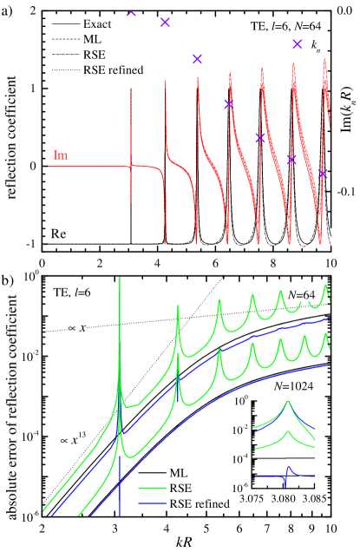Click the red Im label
(61, 155)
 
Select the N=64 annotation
(301, 295)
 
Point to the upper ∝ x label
(77, 328)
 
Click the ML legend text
(177, 473)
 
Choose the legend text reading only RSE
(180, 488)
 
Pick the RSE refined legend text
(200, 503)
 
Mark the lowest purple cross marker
(323, 174)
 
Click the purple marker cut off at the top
(131, 14)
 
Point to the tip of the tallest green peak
(120, 278)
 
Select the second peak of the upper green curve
(177, 306)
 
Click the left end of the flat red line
(49, 166)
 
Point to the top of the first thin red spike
(131, 89)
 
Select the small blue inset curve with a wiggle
(286, 474)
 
